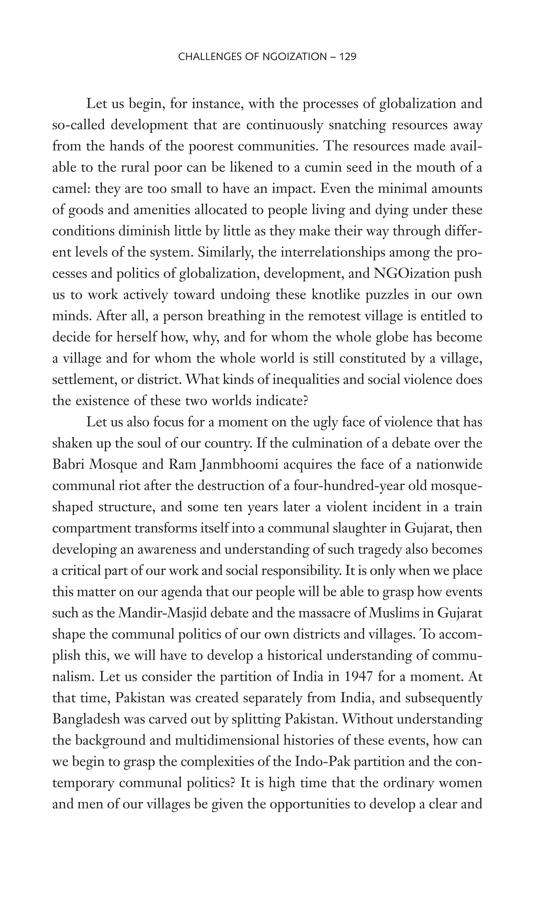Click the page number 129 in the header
pyautogui.click(x=347, y=57)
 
